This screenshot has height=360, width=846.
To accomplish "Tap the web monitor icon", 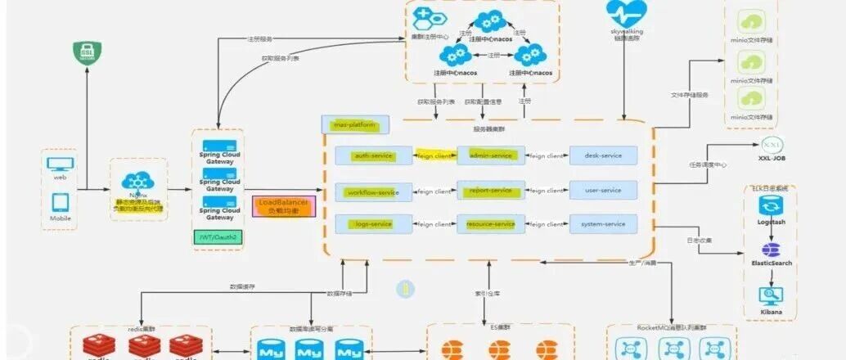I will (x=60, y=164).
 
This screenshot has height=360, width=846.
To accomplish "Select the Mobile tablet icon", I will (x=60, y=202).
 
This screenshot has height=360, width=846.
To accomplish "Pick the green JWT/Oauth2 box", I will (x=216, y=237).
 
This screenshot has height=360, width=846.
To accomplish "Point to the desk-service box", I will (x=603, y=155).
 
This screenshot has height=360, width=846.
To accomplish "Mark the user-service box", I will (x=603, y=191).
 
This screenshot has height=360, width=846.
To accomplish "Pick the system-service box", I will (x=603, y=223).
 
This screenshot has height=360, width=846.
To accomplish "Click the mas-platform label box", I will (x=355, y=125).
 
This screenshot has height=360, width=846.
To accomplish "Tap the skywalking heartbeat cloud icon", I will (x=627, y=14).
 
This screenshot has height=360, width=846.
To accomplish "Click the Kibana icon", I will (x=770, y=298).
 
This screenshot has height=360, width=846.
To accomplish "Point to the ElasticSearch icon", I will (x=770, y=250).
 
